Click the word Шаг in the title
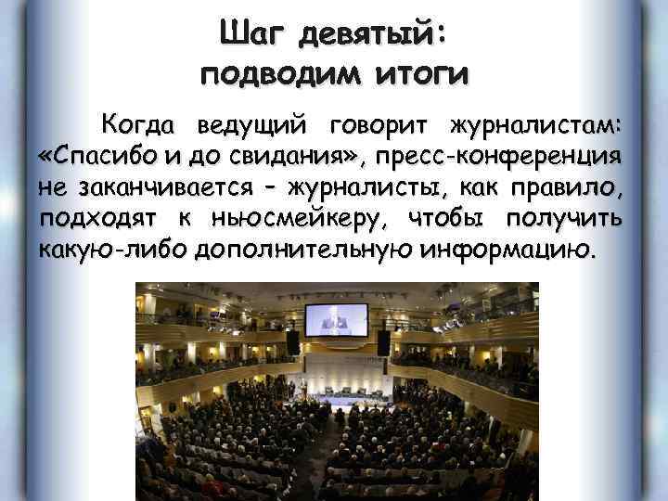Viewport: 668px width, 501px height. point(250,33)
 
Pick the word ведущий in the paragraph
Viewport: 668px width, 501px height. point(252,124)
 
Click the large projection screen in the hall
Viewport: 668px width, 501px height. point(337,320)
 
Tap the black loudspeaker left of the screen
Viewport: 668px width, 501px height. point(292,342)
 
